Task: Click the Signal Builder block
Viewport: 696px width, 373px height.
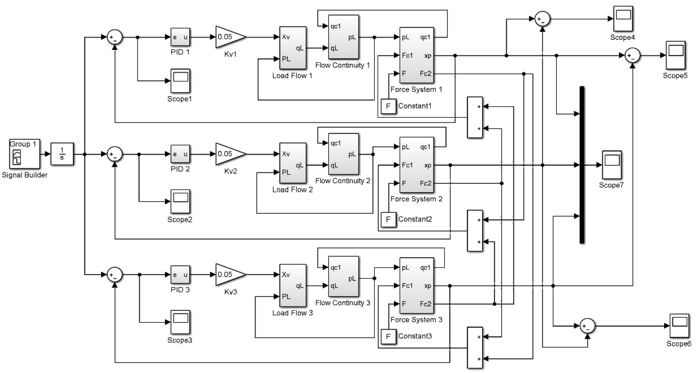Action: point(24,154)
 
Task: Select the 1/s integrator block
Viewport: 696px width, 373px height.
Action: point(62,154)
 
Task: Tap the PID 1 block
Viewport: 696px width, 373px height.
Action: point(180,37)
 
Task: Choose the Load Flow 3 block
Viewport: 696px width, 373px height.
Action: point(293,285)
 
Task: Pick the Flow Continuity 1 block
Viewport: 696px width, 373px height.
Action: point(343,37)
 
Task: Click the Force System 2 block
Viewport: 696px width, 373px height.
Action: point(416,165)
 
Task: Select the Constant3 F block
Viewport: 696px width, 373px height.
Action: point(388,337)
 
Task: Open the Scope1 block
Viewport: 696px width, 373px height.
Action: point(180,81)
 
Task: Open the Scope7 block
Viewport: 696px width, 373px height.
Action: point(612,165)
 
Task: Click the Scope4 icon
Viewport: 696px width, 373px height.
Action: point(623,19)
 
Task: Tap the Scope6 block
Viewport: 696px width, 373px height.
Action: point(679,325)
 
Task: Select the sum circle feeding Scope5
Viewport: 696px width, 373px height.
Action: point(632,56)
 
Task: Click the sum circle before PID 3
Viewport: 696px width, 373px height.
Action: point(115,275)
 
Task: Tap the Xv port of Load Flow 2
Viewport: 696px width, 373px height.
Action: point(286,154)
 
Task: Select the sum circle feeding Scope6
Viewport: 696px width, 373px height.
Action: point(587,326)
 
